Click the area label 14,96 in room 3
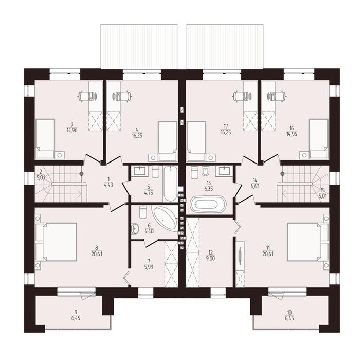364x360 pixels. [72, 130]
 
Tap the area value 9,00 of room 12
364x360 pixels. [211, 259]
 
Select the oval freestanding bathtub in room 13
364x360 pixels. [208, 204]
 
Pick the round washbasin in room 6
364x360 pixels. [135, 228]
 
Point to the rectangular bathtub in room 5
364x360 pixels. [170, 184]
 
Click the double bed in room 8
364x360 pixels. [56, 242]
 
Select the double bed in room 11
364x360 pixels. [308, 242]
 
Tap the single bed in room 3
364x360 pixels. [45, 139]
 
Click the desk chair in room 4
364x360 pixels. [125, 96]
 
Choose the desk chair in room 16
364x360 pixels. [281, 96]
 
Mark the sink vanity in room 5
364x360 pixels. [140, 171]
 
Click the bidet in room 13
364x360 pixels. [205, 171]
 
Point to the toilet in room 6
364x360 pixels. [143, 212]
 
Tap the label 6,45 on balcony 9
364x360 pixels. [76, 318]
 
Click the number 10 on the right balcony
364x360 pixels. [289, 312]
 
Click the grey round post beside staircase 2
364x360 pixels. [81, 173]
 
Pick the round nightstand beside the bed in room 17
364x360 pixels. [211, 158]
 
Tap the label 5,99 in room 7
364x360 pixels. [149, 267]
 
